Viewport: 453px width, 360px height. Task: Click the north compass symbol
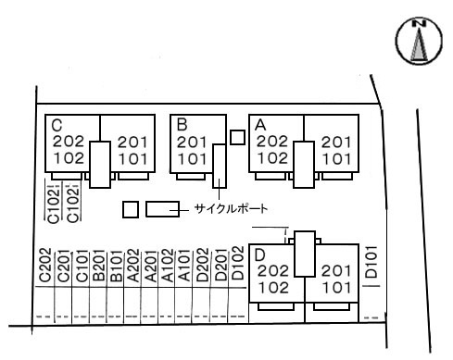[x=419, y=41]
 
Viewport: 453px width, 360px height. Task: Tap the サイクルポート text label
[x=231, y=209]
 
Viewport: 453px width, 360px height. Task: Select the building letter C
[x=57, y=125]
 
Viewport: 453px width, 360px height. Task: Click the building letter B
[x=182, y=125]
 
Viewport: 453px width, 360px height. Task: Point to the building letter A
[x=260, y=125]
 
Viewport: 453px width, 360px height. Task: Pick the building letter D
[x=260, y=255]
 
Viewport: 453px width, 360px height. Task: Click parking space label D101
[x=371, y=262]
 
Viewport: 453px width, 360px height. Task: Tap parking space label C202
[x=45, y=266]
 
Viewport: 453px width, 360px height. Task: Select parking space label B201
[x=99, y=266]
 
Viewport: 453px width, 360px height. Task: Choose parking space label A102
[x=168, y=266]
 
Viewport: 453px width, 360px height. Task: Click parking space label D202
[x=203, y=266]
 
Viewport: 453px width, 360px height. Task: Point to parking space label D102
[x=238, y=263]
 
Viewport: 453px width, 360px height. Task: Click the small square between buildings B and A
[x=237, y=137]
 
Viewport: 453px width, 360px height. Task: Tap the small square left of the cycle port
[x=131, y=209]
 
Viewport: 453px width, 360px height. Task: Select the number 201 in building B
[x=192, y=143]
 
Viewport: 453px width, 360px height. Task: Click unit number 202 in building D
[x=273, y=270]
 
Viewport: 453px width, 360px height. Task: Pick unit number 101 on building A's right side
[x=337, y=159]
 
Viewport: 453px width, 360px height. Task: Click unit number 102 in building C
[x=69, y=158]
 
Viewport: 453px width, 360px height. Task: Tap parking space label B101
[x=117, y=266]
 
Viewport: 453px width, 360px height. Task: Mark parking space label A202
[x=133, y=266]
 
